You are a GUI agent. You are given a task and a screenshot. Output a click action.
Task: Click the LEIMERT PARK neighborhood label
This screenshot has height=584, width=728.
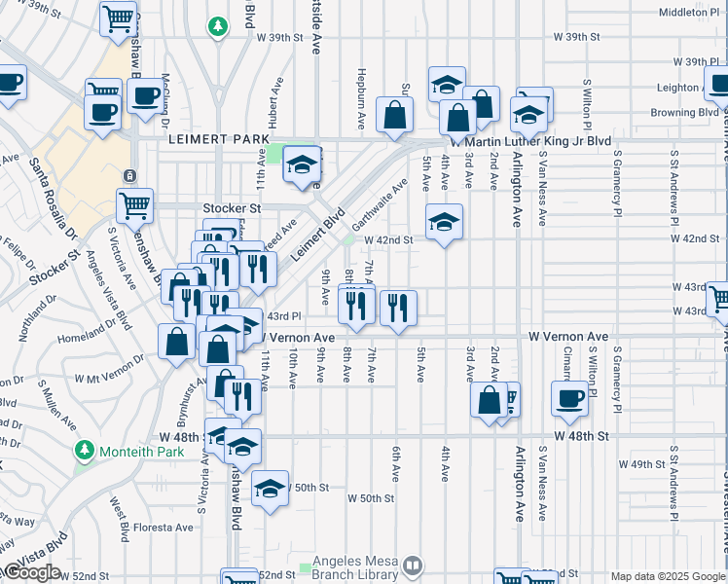click(218, 140)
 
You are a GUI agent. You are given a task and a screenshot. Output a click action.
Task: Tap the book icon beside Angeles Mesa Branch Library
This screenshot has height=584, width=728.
click(414, 565)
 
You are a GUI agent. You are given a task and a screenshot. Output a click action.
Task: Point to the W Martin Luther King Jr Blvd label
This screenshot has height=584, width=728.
click(529, 142)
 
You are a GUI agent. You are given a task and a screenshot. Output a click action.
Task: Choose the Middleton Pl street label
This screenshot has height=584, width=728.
click(687, 12)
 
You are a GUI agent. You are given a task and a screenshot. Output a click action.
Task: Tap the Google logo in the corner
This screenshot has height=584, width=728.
click(32, 571)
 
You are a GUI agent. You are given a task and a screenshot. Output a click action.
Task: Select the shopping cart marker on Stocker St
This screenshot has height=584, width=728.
click(134, 205)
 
